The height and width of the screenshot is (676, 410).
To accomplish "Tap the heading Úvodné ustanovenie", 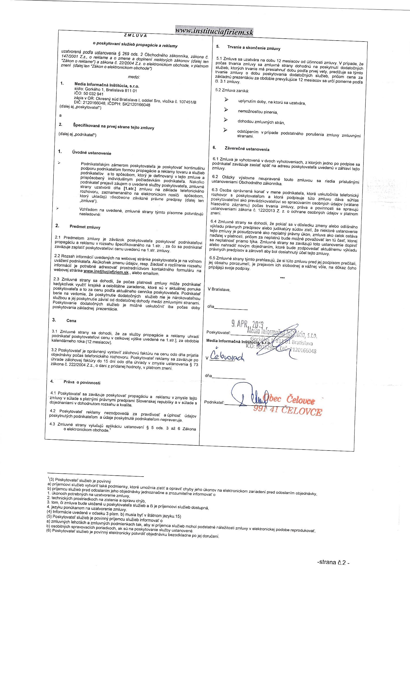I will [92, 153].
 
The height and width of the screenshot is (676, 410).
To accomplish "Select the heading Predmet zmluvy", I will [85, 227].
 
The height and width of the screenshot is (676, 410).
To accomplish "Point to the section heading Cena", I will [71, 320].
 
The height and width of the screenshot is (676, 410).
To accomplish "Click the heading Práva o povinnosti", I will [82, 382].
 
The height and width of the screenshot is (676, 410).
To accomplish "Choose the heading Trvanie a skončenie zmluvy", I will [254, 48].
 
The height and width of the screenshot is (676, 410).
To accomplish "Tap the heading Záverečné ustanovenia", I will [247, 149].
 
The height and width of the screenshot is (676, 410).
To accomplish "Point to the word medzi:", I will [134, 77].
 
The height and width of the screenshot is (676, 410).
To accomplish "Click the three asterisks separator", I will [282, 278].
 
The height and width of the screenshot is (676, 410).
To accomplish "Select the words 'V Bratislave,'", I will [219, 289].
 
